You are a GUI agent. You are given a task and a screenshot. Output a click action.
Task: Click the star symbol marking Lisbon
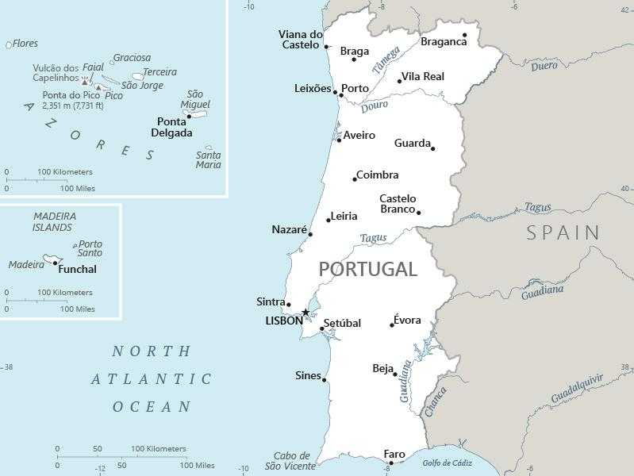pyautogui.click(x=305, y=313)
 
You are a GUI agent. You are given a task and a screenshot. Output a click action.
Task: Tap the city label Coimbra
pyautogui.click(x=377, y=175)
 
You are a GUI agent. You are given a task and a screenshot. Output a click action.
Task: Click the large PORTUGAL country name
pyautogui.click(x=367, y=269)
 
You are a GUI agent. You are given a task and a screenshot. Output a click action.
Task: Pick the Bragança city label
pyautogui.click(x=444, y=41)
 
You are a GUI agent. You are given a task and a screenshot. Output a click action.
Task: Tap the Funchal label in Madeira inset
pyautogui.click(x=78, y=269)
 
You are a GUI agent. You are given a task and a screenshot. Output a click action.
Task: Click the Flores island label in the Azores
pyautogui.click(x=25, y=44)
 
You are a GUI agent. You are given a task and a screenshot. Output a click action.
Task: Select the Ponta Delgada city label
pyautogui.click(x=171, y=127)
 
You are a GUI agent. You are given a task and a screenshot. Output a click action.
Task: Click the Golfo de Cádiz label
pyautogui.click(x=447, y=463)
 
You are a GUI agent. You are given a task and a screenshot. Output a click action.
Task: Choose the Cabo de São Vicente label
pyautogui.click(x=290, y=461)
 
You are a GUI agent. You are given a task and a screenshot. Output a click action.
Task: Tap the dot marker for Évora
pyautogui.click(x=392, y=325)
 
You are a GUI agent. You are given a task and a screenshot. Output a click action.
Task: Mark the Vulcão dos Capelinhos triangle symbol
pyautogui.click(x=85, y=79)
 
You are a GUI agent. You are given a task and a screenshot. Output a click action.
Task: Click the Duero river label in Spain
pyautogui.click(x=544, y=66)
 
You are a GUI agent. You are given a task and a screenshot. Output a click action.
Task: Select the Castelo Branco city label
pyautogui.click(x=398, y=204)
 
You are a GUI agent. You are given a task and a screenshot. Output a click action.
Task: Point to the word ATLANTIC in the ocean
pyautogui.click(x=152, y=379)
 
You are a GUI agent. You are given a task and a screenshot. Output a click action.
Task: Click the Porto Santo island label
pyautogui.click(x=90, y=248)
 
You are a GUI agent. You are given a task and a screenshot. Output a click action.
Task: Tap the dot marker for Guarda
pyautogui.click(x=433, y=148)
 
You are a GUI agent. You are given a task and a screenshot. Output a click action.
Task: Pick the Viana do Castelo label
pyautogui.click(x=301, y=39)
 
